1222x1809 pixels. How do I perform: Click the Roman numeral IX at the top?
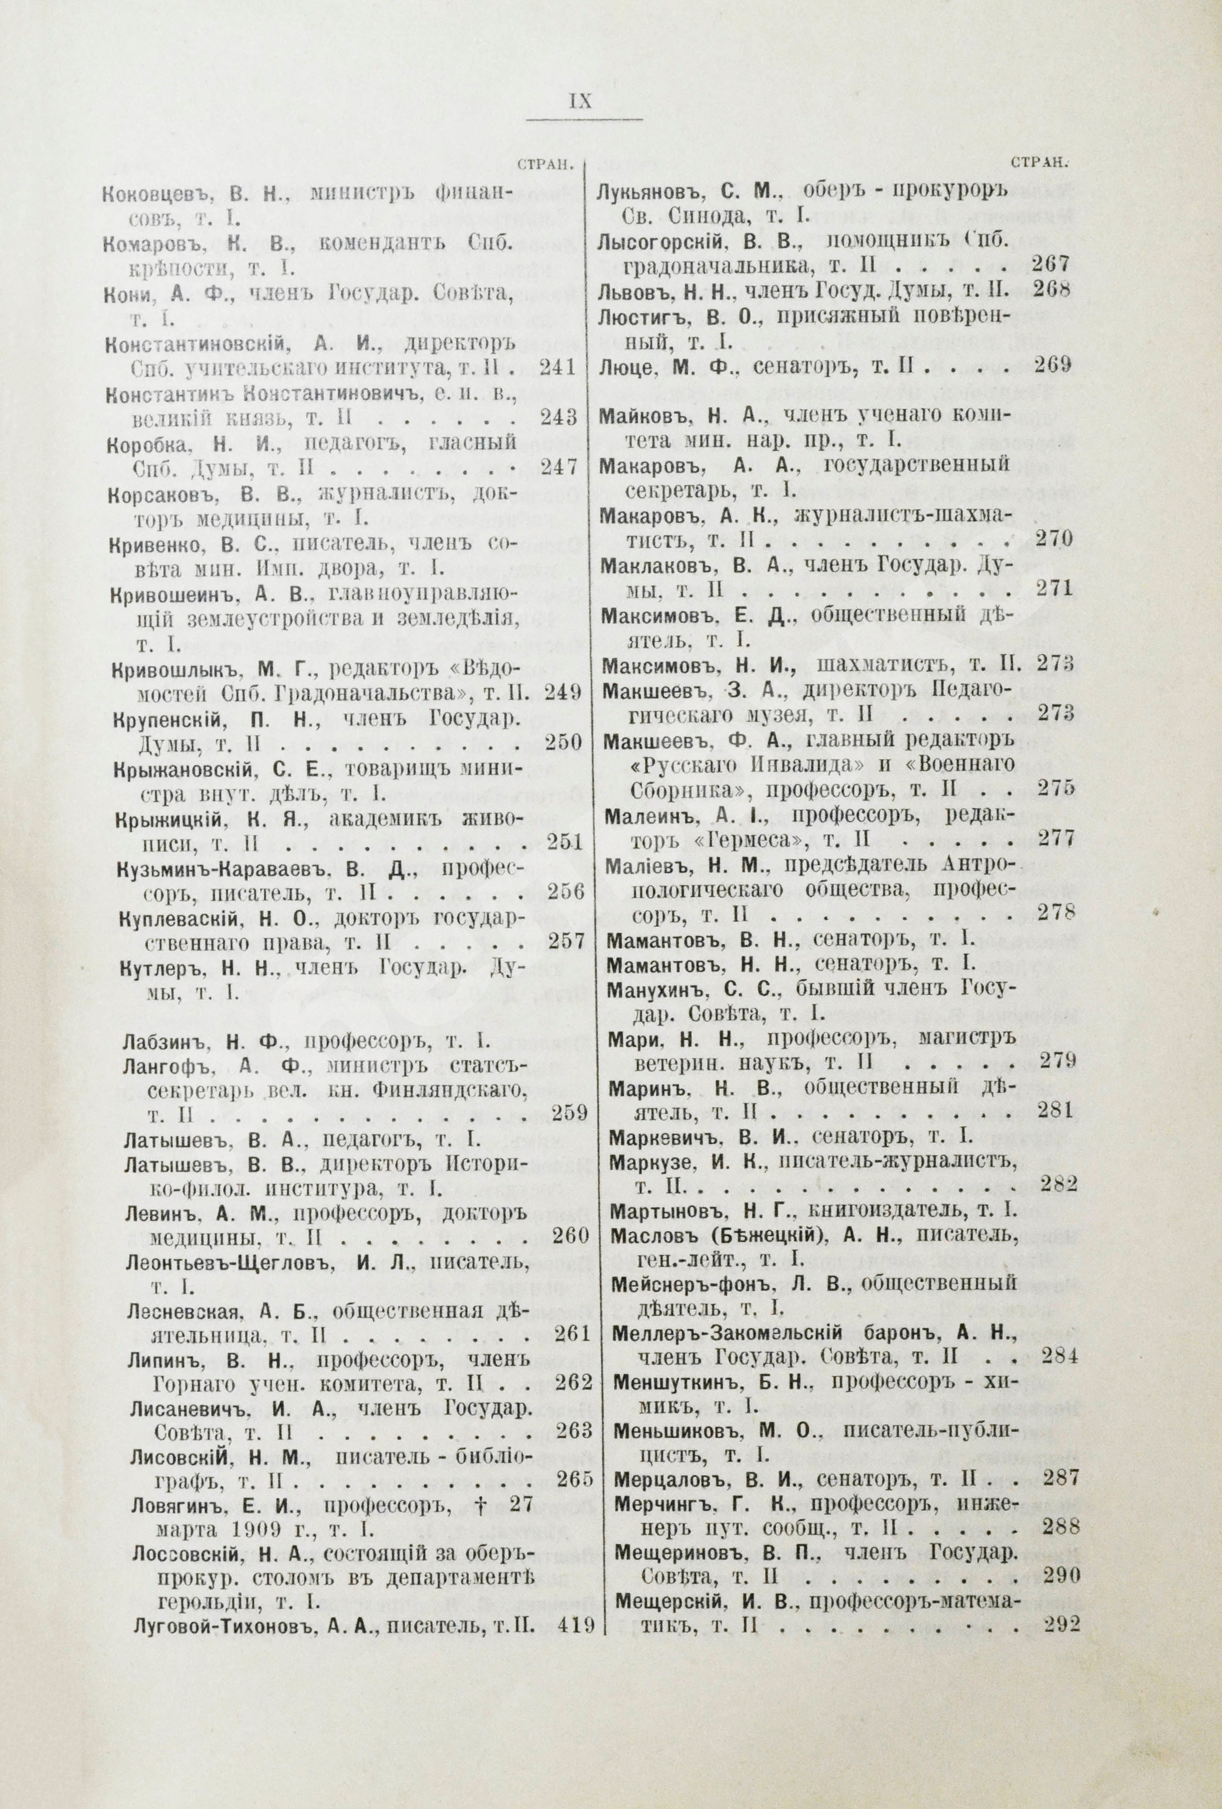tap(582, 101)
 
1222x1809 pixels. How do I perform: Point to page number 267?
tap(1052, 264)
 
